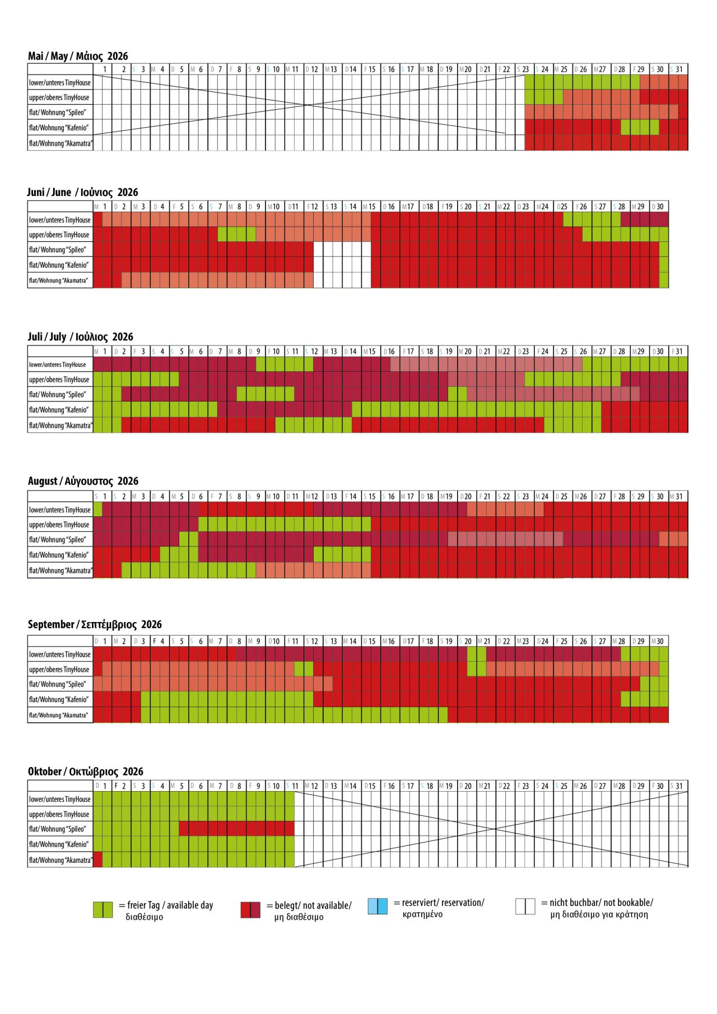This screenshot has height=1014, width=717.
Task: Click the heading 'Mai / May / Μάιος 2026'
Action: click(x=78, y=56)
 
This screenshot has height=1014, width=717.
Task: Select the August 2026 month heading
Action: click(x=83, y=481)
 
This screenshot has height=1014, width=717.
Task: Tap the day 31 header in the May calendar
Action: click(x=678, y=69)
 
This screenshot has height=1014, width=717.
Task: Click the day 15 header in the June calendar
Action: click(x=371, y=207)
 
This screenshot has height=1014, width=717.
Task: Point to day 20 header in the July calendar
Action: click(x=467, y=352)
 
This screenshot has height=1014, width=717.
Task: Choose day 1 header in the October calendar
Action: click(x=103, y=786)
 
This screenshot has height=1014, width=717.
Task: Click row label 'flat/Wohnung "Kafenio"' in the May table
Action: click(x=59, y=128)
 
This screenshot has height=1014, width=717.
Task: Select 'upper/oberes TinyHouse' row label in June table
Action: click(x=59, y=235)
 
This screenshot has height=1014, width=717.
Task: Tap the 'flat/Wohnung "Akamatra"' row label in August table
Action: click(x=60, y=571)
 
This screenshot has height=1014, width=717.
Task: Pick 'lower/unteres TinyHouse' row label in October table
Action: click(x=60, y=800)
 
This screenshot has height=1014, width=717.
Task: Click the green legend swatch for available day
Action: click(x=103, y=910)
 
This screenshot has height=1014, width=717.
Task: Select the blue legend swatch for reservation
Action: click(x=378, y=906)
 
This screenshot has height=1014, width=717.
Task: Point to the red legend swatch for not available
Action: click(x=250, y=910)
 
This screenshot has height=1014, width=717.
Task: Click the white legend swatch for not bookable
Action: click(x=525, y=906)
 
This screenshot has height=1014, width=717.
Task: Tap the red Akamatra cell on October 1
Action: click(x=97, y=859)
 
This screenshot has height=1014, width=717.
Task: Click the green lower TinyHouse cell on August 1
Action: click(x=97, y=510)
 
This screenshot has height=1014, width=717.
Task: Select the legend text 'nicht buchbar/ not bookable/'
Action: click(x=597, y=903)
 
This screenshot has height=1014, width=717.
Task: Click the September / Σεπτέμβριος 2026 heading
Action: click(x=95, y=625)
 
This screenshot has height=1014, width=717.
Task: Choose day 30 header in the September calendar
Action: click(x=659, y=641)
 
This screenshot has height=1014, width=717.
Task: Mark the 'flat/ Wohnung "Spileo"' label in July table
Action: click(x=59, y=395)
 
